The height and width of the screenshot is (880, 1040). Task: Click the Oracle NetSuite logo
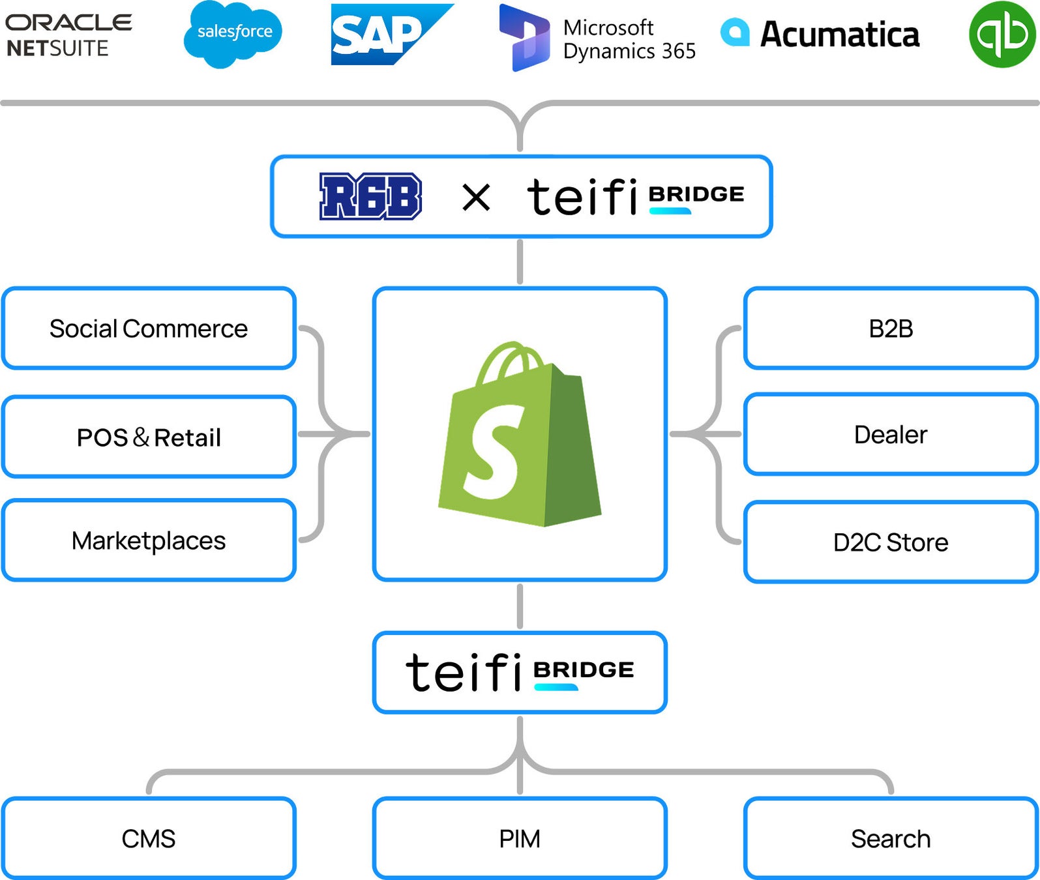[x=68, y=35]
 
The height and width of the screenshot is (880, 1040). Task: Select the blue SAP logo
[x=392, y=35]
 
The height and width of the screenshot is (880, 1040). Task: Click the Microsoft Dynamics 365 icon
[x=524, y=38]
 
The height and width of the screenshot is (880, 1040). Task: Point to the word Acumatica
[x=840, y=35]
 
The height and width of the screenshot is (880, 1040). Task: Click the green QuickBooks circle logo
[x=1002, y=35]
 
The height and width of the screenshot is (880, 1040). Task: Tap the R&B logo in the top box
[x=370, y=196]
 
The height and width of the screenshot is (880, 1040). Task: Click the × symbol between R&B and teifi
[x=476, y=197]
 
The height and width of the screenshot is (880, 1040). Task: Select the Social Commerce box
[x=149, y=328]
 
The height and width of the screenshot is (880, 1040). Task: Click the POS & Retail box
[x=149, y=437]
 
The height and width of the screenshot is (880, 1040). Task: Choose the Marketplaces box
[x=149, y=540]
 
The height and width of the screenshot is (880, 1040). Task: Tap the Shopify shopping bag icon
[x=520, y=433]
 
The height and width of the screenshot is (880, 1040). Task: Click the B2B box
[x=891, y=328]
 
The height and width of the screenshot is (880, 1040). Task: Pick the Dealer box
[x=891, y=434]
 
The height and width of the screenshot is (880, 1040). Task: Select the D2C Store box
[x=891, y=542]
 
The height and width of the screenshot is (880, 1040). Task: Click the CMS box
[x=149, y=838]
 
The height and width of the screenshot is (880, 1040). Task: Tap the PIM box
[x=520, y=838]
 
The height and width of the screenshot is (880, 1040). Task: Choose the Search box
[x=891, y=838]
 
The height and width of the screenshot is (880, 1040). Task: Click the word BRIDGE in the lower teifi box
[x=584, y=669]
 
